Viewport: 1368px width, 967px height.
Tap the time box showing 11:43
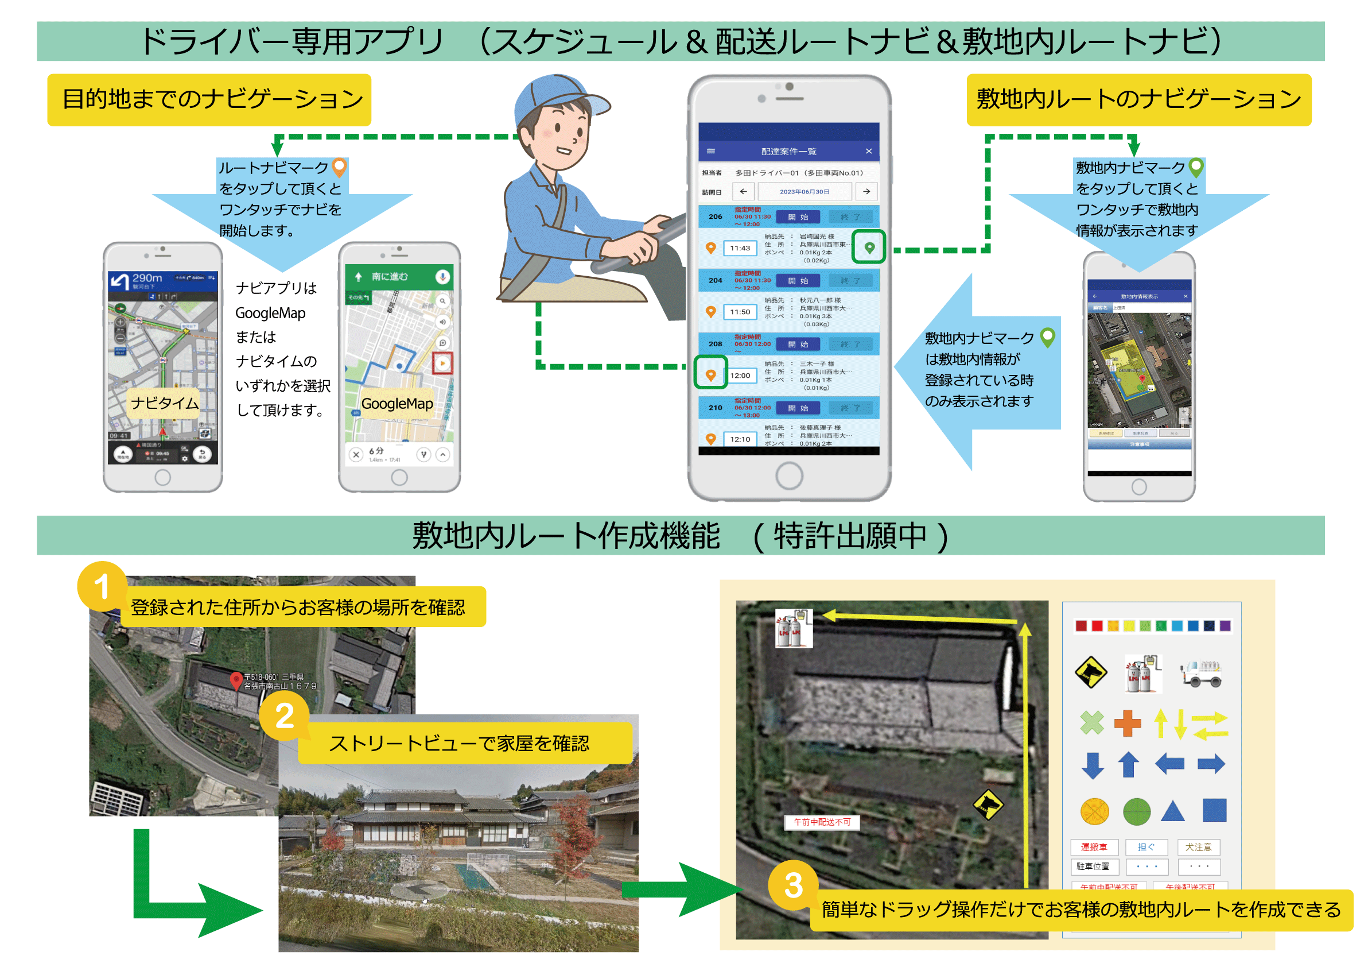click(x=740, y=248)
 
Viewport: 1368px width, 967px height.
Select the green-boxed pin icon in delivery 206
click(x=869, y=247)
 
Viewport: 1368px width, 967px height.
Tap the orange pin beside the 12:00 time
click(x=710, y=374)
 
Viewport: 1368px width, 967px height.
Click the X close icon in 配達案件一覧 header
click(x=868, y=151)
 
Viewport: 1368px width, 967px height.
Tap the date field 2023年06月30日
click(x=804, y=191)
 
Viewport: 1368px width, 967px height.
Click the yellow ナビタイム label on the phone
click(x=165, y=404)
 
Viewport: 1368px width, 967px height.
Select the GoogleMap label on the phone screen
click(x=397, y=404)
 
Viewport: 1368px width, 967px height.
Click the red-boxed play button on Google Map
click(x=442, y=363)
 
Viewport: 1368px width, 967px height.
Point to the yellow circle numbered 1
click(x=102, y=586)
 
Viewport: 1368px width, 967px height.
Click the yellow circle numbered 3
click(x=792, y=885)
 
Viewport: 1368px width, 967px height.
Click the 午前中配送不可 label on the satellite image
click(x=822, y=822)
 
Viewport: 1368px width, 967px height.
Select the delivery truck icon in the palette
click(x=1202, y=673)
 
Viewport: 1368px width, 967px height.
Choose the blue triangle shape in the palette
click(x=1172, y=811)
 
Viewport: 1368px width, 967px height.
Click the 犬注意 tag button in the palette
click(x=1198, y=846)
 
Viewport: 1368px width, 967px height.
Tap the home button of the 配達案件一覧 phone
click(x=789, y=475)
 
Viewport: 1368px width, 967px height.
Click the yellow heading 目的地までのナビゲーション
click(x=209, y=99)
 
